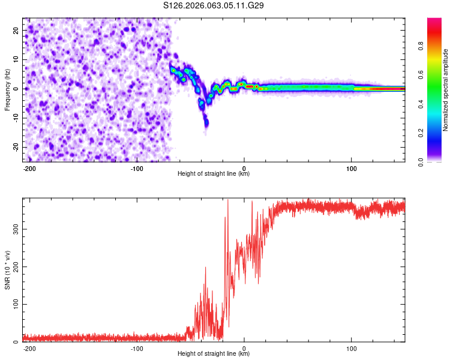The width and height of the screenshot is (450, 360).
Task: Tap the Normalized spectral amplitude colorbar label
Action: tap(446, 90)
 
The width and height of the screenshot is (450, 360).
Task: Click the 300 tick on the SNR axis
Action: tap(15, 229)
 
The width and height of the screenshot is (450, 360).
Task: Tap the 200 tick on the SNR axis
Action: tap(15, 266)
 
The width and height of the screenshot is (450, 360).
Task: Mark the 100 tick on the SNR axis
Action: tap(15, 304)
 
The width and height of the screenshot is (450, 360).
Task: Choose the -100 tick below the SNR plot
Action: tap(137, 348)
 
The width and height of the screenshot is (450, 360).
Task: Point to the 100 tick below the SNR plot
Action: tap(351, 348)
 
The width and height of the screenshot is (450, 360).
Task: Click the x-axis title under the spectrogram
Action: tap(214, 174)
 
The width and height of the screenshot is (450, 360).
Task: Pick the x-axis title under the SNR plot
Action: tap(214, 354)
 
